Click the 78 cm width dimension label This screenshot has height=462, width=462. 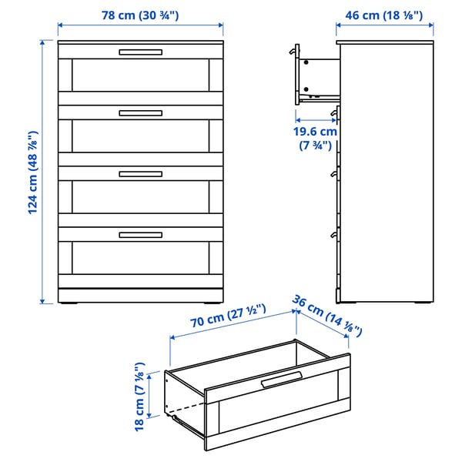pos(140,14)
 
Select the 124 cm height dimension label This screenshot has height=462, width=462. pos(34,173)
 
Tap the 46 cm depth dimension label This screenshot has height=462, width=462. pos(384,14)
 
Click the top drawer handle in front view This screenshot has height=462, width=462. pos(140,52)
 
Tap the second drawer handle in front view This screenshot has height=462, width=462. pos(140,113)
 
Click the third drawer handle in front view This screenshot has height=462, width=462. pos(140,174)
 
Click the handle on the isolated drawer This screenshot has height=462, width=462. pos(281,380)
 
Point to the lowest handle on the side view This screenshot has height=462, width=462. pos(333,233)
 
